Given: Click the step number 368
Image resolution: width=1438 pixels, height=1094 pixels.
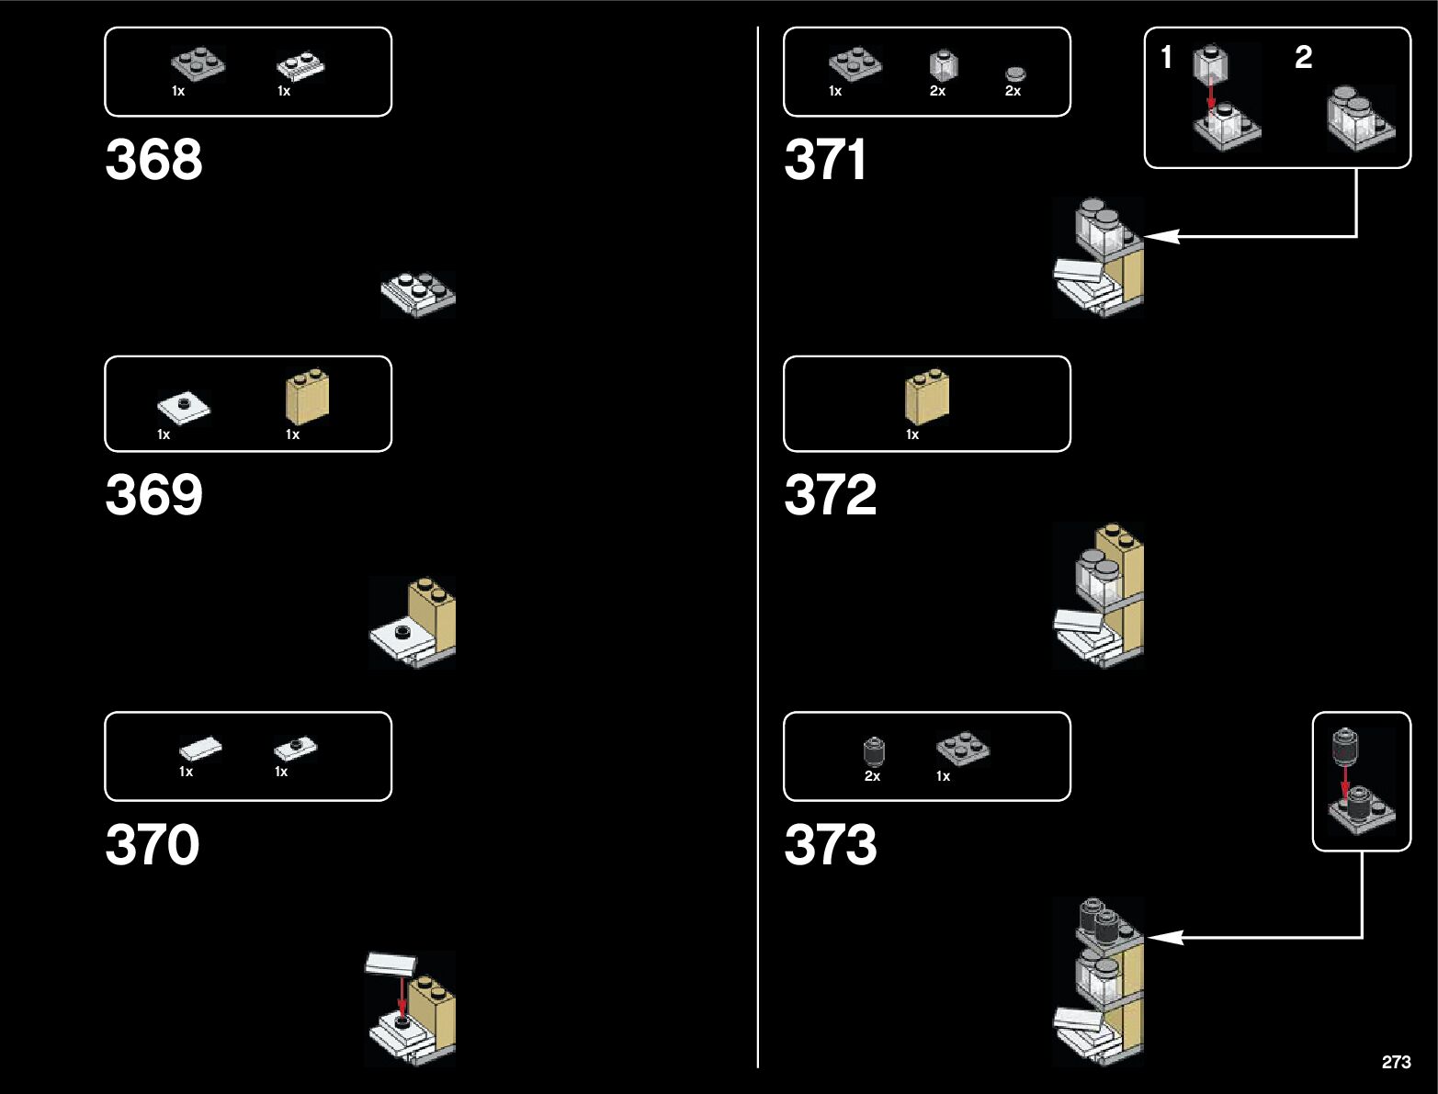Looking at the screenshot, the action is pyautogui.click(x=153, y=160).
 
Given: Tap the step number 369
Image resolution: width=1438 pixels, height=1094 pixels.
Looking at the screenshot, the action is pyautogui.click(x=153, y=495).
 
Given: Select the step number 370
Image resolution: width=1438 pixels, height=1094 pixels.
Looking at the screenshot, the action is pyautogui.click(x=153, y=845).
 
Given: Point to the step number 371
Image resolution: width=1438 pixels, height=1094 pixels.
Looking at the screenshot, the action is pyautogui.click(x=825, y=160).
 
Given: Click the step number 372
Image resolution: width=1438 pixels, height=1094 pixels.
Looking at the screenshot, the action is pyautogui.click(x=831, y=495).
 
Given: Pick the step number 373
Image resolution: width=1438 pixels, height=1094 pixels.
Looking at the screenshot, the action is pyautogui.click(x=831, y=845).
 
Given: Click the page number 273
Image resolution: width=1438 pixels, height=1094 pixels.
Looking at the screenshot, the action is pyautogui.click(x=1396, y=1062).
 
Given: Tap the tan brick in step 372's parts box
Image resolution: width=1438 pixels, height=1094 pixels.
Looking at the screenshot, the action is pyautogui.click(x=927, y=398).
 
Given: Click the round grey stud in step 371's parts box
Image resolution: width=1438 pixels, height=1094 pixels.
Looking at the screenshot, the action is pyautogui.click(x=1014, y=74).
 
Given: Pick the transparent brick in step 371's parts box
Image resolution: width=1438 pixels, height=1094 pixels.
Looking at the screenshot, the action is pyautogui.click(x=943, y=65).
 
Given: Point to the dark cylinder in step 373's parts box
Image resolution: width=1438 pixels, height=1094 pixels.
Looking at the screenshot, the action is pyautogui.click(x=874, y=751).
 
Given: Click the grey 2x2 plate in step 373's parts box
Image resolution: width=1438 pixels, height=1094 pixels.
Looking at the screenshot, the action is pyautogui.click(x=963, y=748).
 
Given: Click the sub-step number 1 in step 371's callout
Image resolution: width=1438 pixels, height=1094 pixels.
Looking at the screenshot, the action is pyautogui.click(x=1167, y=58).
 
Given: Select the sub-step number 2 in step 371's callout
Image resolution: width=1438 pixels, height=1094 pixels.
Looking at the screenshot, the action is pyautogui.click(x=1303, y=58).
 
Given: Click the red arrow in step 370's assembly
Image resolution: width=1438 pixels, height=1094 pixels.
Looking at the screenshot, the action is pyautogui.click(x=402, y=997).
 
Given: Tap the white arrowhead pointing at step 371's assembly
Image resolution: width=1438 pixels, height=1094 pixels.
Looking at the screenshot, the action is pyautogui.click(x=1160, y=236).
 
